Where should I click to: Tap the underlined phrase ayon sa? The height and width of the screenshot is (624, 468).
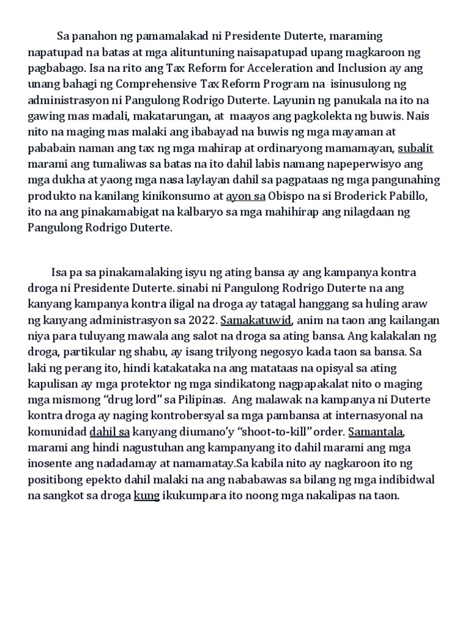(x=245, y=197)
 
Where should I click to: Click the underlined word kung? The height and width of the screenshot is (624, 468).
(x=146, y=495)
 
